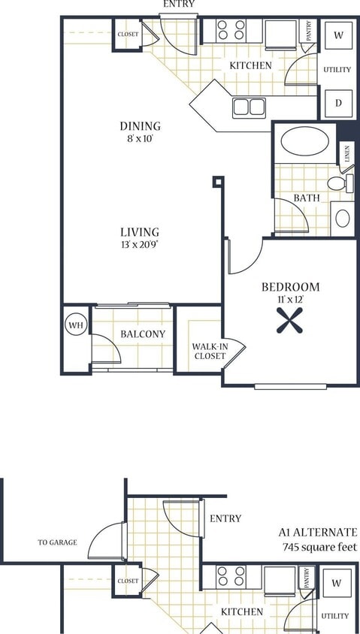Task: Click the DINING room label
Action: [x=140, y=126]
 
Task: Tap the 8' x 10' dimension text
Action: [x=140, y=139]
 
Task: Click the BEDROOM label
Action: [x=290, y=287]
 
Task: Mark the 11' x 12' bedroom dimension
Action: [x=290, y=300]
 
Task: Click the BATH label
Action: [x=307, y=198]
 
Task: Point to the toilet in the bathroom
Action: [x=339, y=183]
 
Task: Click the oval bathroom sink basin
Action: [x=342, y=219]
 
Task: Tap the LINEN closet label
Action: [x=347, y=155]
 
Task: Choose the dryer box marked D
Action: [x=338, y=103]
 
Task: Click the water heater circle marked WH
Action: [x=75, y=325]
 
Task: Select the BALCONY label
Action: [x=143, y=334]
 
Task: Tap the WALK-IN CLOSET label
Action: [x=209, y=351]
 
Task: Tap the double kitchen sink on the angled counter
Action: [x=248, y=107]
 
